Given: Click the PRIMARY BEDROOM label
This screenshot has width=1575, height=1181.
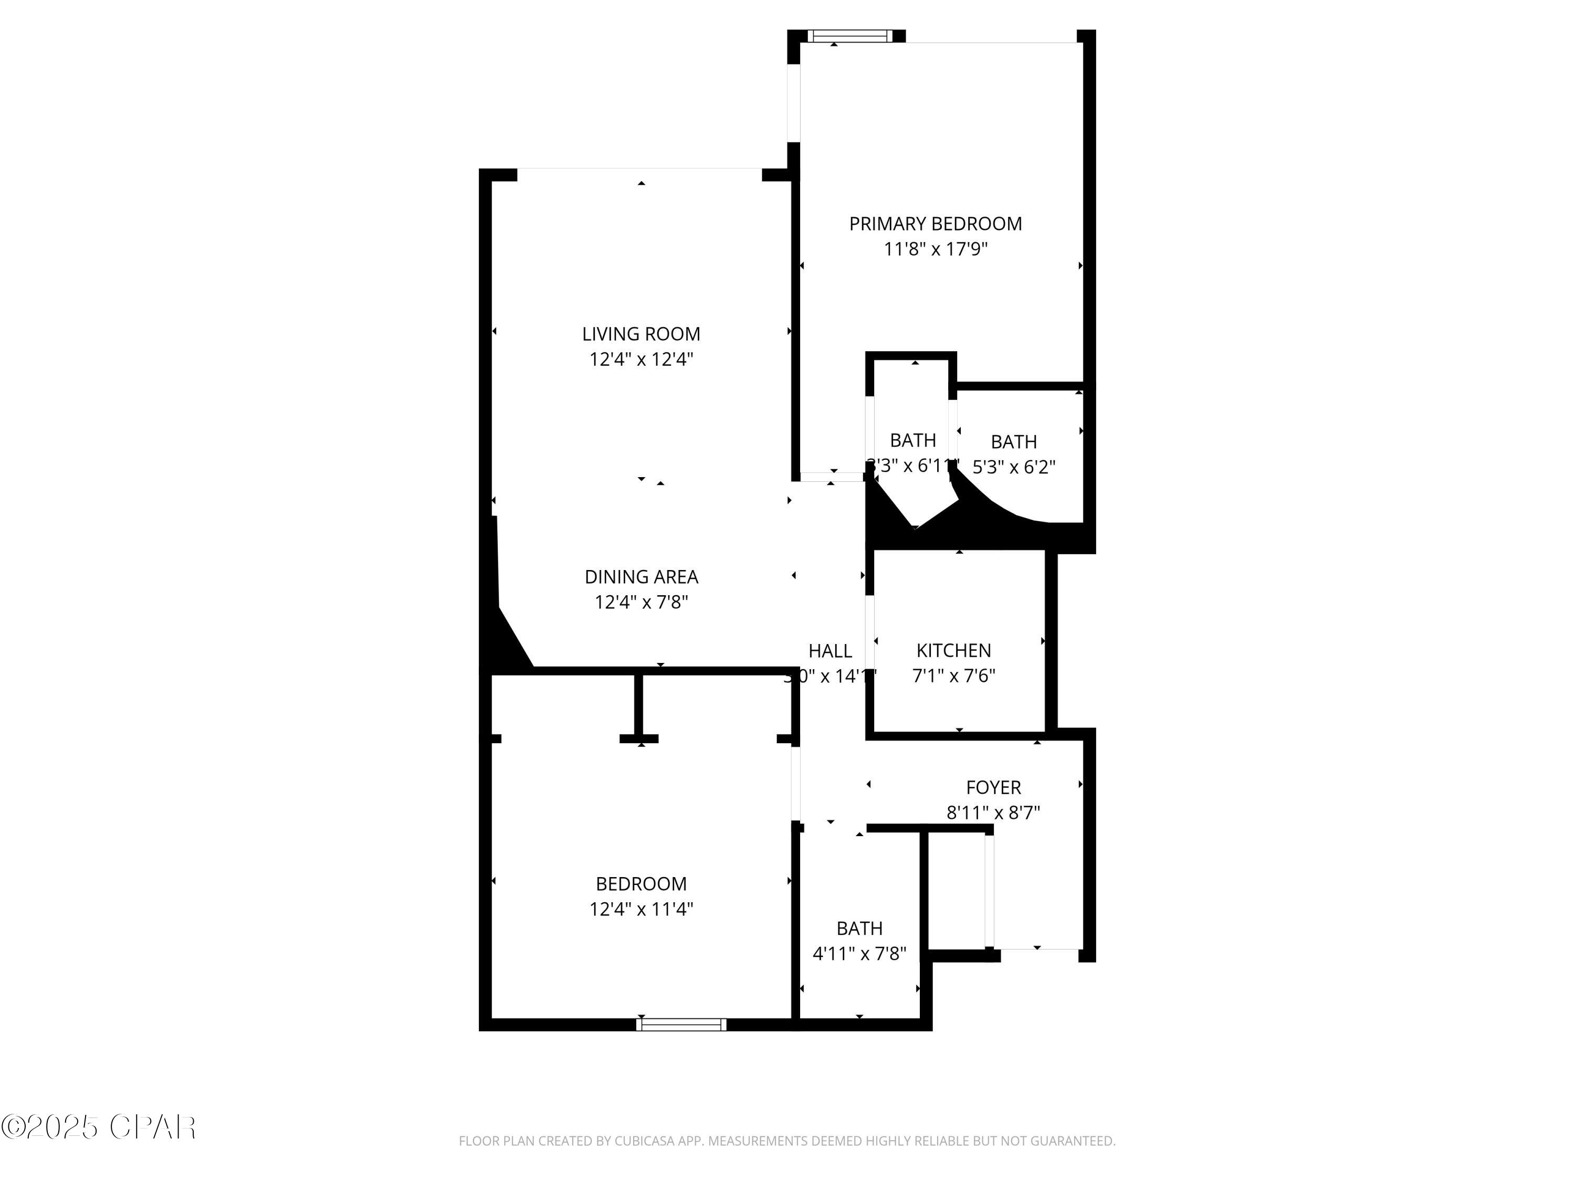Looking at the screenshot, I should click(x=935, y=224).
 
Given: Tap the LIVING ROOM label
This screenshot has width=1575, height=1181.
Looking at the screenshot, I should click(x=641, y=334).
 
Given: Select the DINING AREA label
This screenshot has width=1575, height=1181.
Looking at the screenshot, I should click(x=641, y=577).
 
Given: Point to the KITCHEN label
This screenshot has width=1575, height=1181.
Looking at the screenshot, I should click(x=953, y=650).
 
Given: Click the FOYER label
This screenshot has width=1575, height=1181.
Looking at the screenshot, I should click(x=993, y=787).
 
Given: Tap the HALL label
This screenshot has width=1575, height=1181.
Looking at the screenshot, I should click(x=830, y=651).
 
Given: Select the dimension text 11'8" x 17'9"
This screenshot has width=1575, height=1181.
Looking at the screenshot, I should click(x=935, y=249).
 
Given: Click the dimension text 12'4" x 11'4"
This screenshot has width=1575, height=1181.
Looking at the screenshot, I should click(x=641, y=909).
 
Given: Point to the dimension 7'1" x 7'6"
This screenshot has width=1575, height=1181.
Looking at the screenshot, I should click(x=953, y=676).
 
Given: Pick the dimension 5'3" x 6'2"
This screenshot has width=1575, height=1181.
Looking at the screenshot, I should click(x=1013, y=467).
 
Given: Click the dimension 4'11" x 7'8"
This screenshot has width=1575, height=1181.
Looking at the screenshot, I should click(x=859, y=953).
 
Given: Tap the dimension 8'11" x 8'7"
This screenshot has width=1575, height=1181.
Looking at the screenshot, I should click(x=993, y=812).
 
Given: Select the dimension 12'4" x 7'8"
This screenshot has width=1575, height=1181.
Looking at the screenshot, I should click(x=641, y=602).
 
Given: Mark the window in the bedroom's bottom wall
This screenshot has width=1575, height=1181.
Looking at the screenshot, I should click(x=681, y=1025).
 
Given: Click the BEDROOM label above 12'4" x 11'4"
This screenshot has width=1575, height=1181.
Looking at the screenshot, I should click(x=641, y=883).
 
